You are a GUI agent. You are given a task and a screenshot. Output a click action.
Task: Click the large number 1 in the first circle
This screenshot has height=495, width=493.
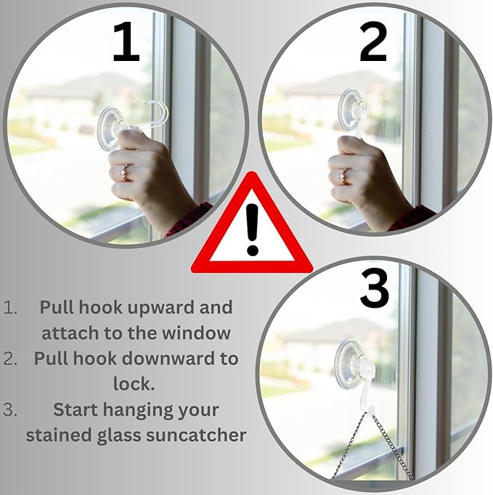tap(126, 41)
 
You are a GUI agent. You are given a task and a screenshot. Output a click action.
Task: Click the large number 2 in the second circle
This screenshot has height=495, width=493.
tap(373, 41)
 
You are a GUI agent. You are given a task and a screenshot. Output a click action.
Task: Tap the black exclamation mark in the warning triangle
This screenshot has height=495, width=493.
tap(253, 229)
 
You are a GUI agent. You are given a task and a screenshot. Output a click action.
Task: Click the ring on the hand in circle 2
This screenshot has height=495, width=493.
tap(343, 176)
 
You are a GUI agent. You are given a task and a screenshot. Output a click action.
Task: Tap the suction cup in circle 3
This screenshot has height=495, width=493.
tap(349, 364)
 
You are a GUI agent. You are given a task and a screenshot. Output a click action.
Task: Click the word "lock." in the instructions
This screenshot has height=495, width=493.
tap(134, 384)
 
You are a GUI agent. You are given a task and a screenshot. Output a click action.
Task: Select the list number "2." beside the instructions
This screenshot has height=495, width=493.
tap(10, 359)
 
